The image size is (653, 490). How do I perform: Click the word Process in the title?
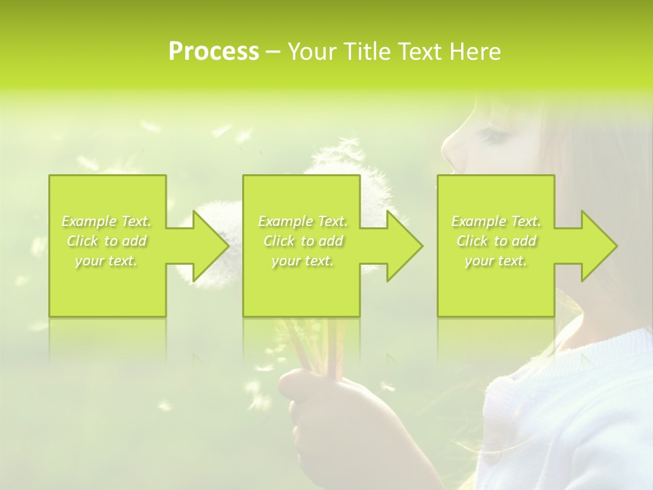coord(214,52)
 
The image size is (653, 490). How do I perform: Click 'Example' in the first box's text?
coord(89,221)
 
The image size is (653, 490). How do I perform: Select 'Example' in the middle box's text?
coord(285,221)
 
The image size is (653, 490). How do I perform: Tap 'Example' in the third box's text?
coord(478,221)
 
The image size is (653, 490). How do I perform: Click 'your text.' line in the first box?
coord(106,261)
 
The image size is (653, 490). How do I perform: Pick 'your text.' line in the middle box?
coord(302,261)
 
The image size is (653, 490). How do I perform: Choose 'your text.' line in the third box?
coord(495,261)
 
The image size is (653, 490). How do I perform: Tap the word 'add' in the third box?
coord(524,241)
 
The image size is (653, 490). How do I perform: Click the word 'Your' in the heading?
coord(310,52)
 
